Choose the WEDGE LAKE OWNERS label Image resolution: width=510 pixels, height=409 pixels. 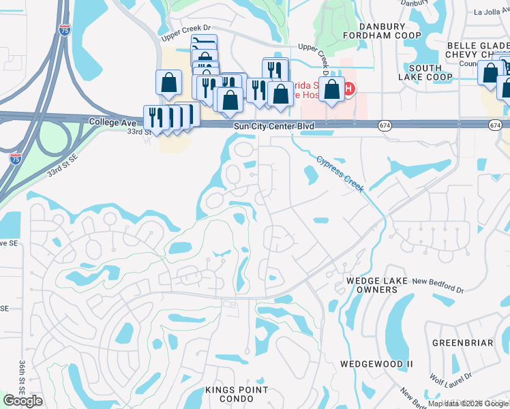(x=372, y=285)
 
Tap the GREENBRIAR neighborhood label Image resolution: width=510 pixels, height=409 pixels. (x=462, y=343)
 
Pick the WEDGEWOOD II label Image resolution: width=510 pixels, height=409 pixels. (x=377, y=364)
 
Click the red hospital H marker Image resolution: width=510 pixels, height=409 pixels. (x=348, y=89)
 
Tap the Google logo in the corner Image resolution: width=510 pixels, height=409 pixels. (x=22, y=401)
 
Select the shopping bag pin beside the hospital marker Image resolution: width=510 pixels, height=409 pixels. (x=331, y=89)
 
